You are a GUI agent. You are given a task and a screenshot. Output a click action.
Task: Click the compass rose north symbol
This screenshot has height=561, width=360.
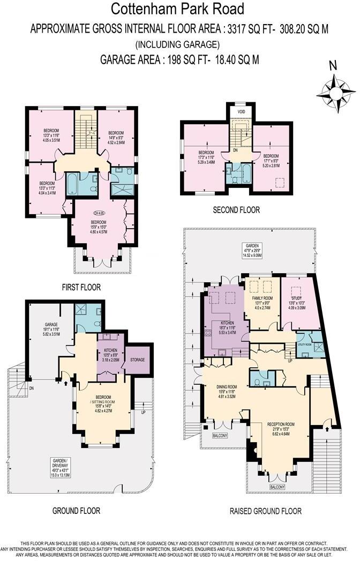click(336, 88)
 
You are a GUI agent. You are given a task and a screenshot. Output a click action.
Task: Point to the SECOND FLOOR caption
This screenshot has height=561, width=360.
click(236, 210)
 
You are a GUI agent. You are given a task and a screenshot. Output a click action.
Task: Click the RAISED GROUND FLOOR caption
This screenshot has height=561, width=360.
click(265, 511)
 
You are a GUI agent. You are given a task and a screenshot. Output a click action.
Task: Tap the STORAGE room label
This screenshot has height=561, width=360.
click(138, 360)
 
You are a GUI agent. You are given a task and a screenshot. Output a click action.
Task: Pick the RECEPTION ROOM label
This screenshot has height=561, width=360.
click(282, 424)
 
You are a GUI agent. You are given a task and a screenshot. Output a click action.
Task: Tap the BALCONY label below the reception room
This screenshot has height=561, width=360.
click(276, 487)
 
